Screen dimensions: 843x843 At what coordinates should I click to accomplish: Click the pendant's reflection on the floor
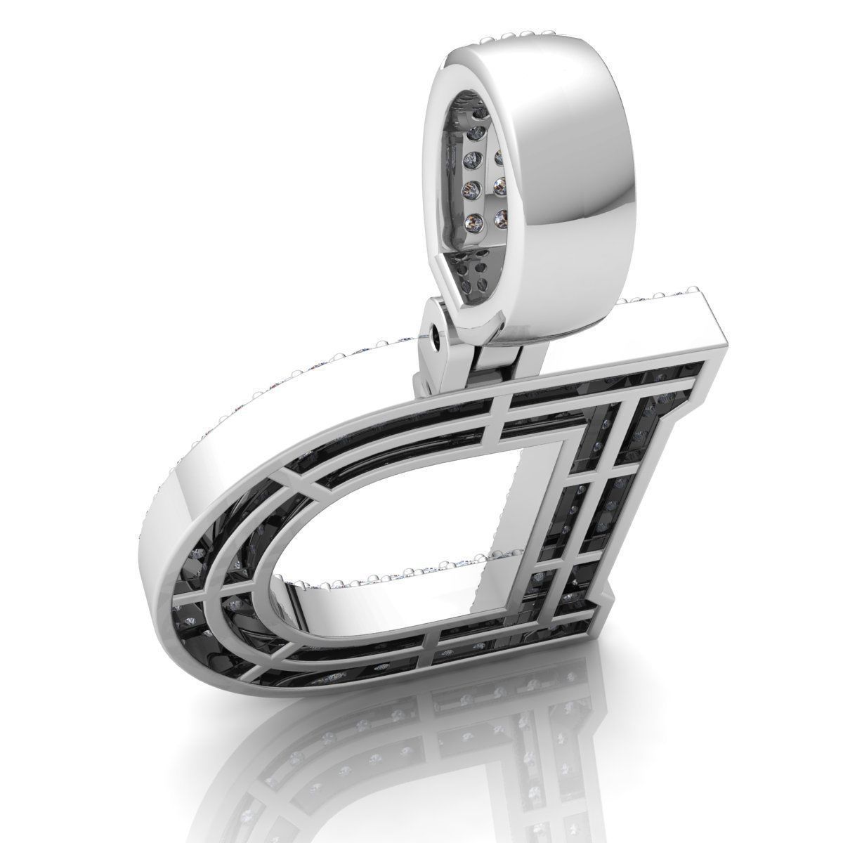click(436, 759)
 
